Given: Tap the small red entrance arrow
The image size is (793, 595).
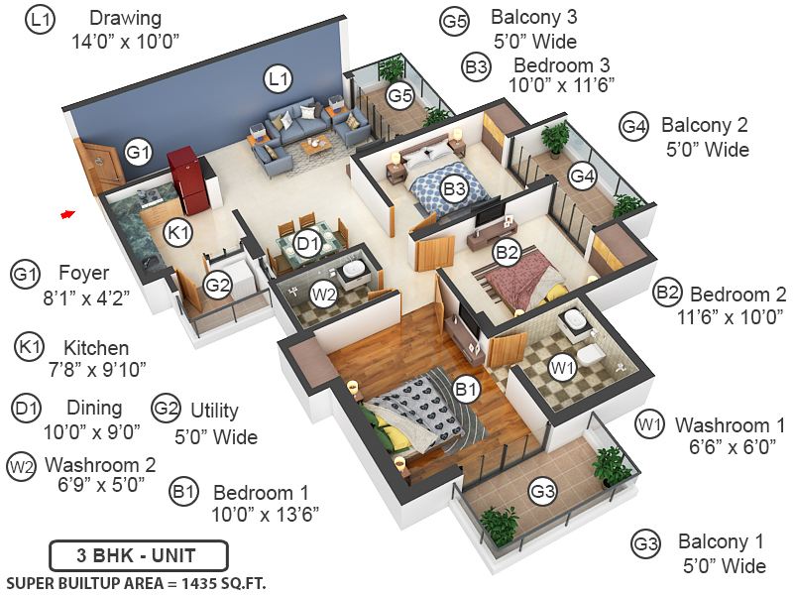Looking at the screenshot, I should pos(67,213).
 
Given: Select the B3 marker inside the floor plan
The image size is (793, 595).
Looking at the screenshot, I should pos(454,187).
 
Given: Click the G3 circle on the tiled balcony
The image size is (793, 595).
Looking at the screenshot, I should pos(542,490).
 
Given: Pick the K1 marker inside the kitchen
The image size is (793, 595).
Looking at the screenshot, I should pos(178,233).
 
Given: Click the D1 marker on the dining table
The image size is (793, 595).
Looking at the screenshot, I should pos(307,241).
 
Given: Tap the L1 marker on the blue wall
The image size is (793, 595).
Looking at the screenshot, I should pos(279,77).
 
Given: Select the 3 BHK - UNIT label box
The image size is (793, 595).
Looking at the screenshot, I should pos(139,553).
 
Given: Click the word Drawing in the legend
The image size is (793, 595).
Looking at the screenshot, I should pos(125,19).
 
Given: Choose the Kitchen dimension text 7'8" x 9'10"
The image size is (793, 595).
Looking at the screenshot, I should pos(96,369).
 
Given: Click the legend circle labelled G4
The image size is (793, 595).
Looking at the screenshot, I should pos(634,127).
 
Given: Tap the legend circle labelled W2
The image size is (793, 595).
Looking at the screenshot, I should pos(22,466).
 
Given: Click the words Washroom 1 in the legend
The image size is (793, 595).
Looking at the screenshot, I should pos(730,425).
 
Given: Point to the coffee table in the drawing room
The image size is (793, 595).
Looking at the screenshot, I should pos(316,145).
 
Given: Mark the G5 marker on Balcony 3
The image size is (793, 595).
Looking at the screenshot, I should pos(400,96).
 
